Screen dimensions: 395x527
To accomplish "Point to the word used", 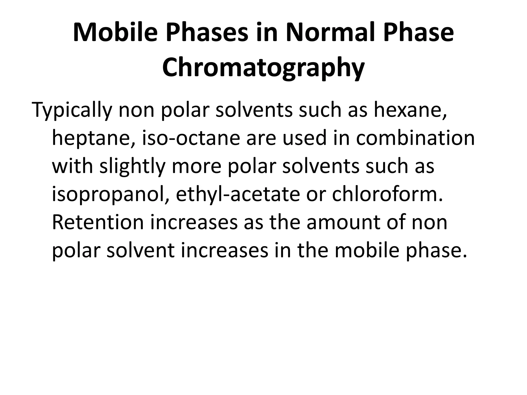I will [304, 138].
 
